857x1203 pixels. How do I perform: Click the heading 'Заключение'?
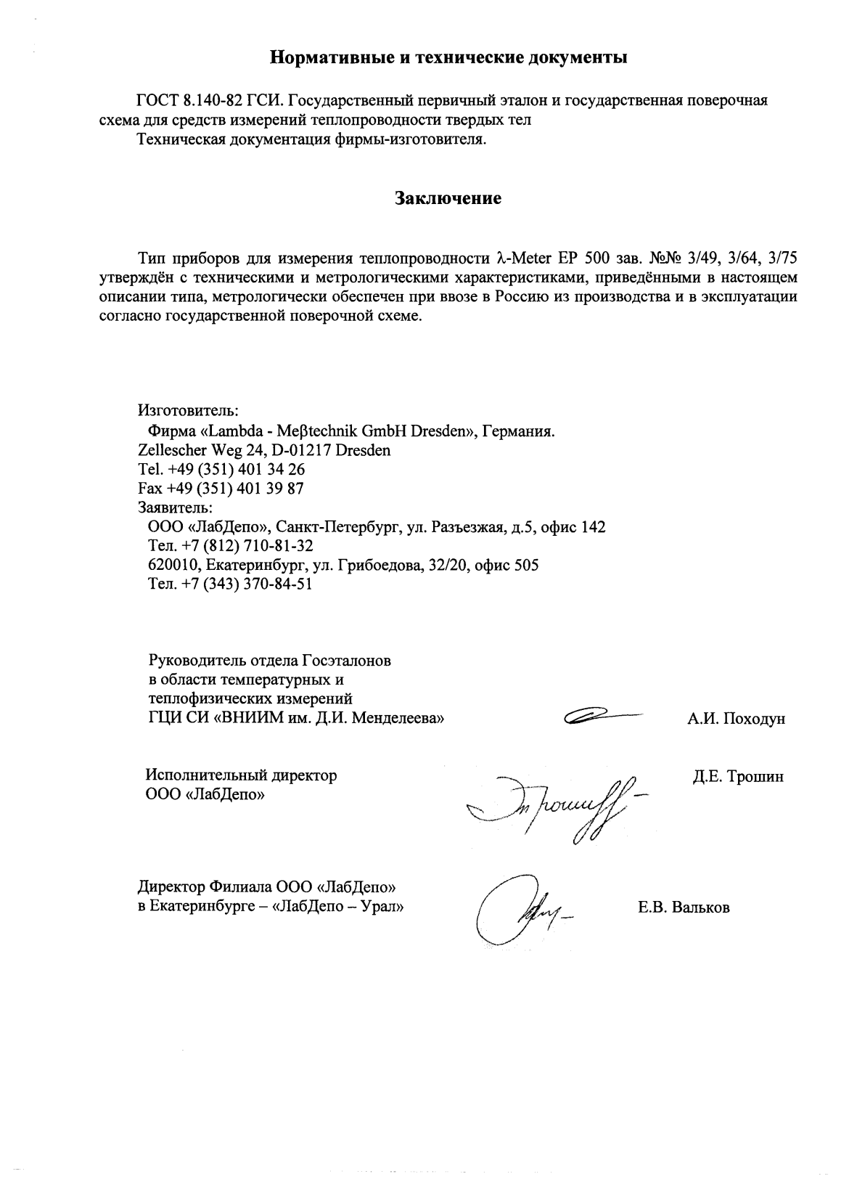[448, 198]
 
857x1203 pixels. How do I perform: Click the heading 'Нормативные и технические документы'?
[448, 57]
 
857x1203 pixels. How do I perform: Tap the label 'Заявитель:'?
[175, 507]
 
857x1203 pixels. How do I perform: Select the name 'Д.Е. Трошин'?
[738, 777]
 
